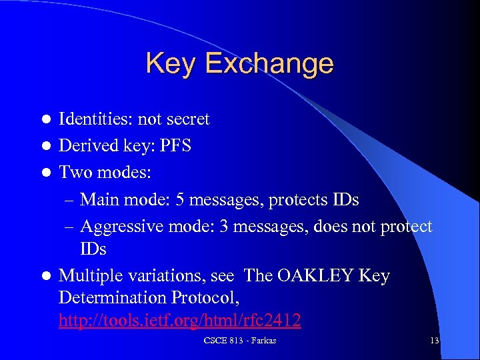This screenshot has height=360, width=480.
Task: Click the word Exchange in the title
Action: (269, 63)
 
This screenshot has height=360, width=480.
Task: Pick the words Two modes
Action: (105, 172)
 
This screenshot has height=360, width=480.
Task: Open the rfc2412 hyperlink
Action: (180, 321)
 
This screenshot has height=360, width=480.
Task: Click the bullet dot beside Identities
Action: (45, 120)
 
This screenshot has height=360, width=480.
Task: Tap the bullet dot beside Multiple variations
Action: (45, 276)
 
